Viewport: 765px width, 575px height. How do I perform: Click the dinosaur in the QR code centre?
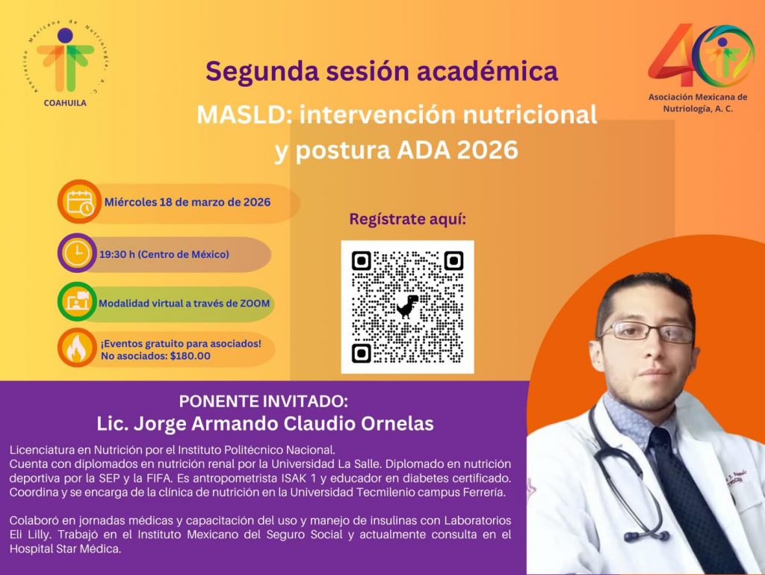(x=407, y=307)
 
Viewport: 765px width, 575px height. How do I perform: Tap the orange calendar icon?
(x=79, y=202)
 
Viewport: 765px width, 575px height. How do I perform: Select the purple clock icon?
(x=77, y=253)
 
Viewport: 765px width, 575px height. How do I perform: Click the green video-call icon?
(x=77, y=301)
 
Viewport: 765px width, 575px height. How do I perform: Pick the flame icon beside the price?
(x=77, y=348)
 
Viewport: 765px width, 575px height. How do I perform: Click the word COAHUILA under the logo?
(x=65, y=103)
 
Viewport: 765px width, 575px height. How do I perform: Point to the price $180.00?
(x=191, y=356)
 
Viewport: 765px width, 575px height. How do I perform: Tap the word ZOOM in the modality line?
(x=255, y=303)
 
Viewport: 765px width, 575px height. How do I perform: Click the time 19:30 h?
(x=117, y=254)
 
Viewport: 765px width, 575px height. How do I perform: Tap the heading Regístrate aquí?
(x=408, y=220)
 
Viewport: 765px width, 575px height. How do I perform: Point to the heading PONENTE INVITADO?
(x=264, y=402)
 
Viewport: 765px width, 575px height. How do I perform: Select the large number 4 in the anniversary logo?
(x=672, y=55)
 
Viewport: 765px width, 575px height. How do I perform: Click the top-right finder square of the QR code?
(x=453, y=261)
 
